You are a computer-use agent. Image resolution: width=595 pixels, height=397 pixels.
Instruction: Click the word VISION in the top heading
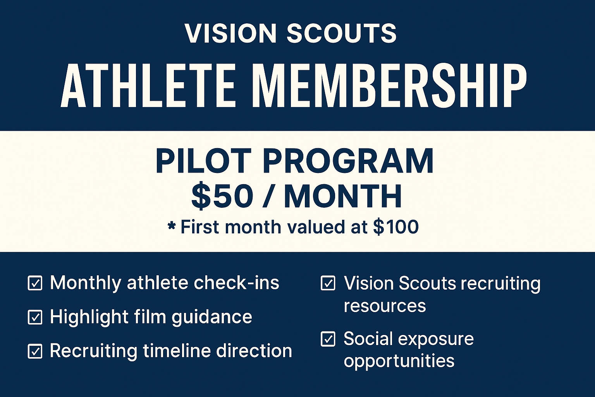[x=230, y=33]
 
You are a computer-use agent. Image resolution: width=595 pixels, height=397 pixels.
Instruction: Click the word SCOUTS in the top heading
[x=342, y=33]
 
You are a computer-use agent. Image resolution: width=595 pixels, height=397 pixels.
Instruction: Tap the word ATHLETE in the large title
[x=148, y=86]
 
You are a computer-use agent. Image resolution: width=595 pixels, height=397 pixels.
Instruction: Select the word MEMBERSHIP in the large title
[x=391, y=86]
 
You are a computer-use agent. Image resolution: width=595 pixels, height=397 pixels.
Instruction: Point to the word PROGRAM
[x=348, y=161]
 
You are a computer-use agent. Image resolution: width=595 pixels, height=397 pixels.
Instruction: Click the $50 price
[x=222, y=196]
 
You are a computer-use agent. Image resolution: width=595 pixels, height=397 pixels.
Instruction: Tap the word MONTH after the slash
[x=343, y=196]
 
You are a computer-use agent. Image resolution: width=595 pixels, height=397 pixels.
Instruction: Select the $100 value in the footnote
[x=396, y=227]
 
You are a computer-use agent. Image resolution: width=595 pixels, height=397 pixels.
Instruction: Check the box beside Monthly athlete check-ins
[x=35, y=283]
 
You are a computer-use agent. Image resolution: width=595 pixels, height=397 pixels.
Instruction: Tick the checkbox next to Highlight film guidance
[x=35, y=317]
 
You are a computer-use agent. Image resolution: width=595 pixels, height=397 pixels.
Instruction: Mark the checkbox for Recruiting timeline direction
[x=35, y=351]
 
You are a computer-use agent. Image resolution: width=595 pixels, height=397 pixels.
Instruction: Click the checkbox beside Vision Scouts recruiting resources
[x=328, y=283]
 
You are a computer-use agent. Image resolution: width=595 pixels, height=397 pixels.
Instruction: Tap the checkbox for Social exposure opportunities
[x=328, y=339]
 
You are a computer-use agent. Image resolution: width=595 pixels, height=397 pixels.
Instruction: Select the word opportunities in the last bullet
[x=399, y=361]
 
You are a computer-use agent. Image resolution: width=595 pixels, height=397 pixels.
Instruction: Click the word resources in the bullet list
[x=385, y=306]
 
